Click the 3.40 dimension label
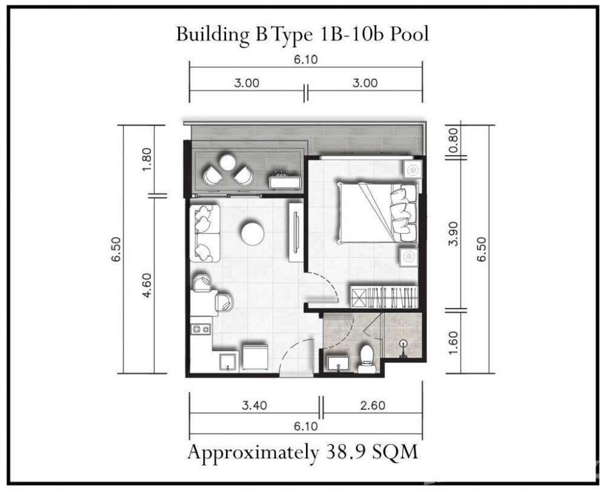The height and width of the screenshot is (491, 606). click(255, 405)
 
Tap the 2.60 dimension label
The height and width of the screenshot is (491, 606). click(373, 405)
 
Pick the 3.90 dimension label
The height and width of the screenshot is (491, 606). click(454, 233)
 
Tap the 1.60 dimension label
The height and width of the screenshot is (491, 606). click(454, 342)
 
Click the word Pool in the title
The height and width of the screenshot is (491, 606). click(409, 34)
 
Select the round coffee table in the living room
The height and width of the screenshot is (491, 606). click(252, 233)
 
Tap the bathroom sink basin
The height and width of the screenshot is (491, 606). click(338, 364)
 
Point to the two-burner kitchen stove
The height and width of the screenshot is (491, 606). click(201, 329)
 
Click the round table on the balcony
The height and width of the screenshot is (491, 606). click(228, 162)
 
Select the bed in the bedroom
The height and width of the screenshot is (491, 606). click(378, 213)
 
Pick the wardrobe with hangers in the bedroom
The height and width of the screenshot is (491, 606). click(384, 297)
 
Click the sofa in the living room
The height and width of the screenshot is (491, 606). click(204, 233)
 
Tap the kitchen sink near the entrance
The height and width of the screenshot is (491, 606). click(229, 362)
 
